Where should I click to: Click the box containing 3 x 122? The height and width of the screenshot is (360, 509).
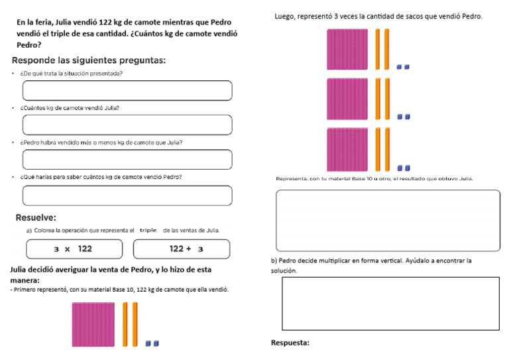74,249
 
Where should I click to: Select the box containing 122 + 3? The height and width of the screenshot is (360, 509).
182,249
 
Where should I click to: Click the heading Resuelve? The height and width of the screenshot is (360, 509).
36,217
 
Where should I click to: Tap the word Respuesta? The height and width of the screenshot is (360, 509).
290,343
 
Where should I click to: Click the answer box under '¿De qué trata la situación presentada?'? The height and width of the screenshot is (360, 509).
127,90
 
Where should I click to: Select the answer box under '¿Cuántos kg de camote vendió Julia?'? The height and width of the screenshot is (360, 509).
127,125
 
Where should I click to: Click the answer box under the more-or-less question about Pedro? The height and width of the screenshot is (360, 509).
127,159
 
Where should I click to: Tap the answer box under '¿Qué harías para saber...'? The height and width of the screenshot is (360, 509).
127,195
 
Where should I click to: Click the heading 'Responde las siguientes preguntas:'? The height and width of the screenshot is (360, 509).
88,60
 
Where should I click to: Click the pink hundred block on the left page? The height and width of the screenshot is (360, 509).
93,324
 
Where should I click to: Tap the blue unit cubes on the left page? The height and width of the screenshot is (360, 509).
152,343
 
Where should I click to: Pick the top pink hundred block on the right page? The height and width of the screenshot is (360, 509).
347,50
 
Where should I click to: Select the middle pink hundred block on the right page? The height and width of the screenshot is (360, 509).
347,99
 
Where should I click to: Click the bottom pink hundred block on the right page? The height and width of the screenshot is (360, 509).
347,150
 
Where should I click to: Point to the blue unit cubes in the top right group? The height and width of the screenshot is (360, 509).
403,67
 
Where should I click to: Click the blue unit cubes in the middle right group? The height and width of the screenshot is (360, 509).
403,117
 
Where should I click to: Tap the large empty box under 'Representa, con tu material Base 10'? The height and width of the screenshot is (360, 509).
388,220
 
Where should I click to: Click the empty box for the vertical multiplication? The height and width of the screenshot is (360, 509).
390,303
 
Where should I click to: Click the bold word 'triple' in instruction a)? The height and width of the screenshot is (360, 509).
148,230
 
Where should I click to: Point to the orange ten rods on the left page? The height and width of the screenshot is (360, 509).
130,324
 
